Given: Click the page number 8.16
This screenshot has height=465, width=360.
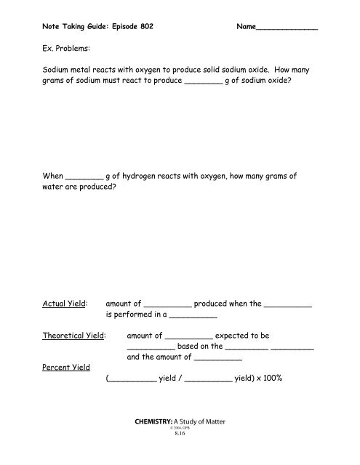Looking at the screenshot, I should coord(180,455).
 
